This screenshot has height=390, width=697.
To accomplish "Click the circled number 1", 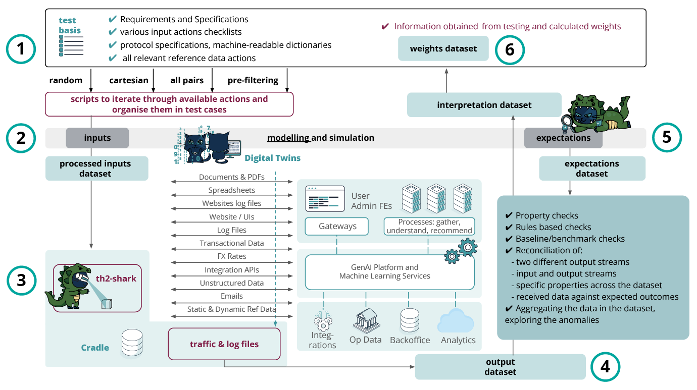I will pos(21,50).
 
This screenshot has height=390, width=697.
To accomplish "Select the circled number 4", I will pos(605,367).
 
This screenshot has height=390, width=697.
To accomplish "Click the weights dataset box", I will pos(443,48).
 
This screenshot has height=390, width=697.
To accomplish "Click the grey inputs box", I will pos(97,138).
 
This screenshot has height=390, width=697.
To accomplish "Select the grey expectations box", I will pos(563,138).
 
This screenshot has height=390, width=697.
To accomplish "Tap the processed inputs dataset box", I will pos(97,169).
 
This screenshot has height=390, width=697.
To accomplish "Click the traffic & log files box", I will pos(224,344).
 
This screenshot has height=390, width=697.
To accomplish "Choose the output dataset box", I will pos(500,367).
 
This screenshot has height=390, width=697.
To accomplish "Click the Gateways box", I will pos(337,226).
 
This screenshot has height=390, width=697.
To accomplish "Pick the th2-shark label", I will pos(116,278).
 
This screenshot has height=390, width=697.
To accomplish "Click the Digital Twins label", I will pos(272,158).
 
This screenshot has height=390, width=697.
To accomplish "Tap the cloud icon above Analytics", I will pos(456,322).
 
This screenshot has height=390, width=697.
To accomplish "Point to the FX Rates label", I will pos(231,256).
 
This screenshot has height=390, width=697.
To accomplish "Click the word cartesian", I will pos(129,80).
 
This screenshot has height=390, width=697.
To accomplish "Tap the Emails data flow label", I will pos(231,296).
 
